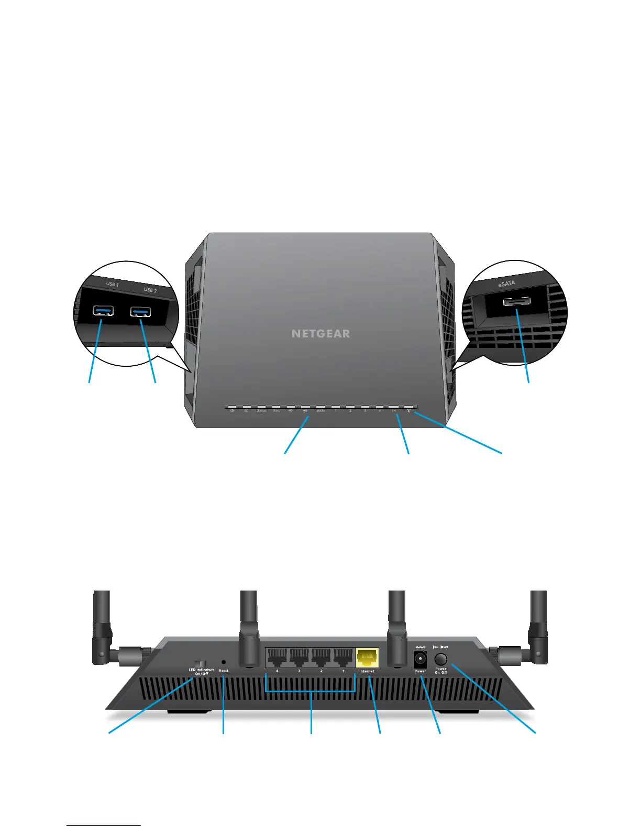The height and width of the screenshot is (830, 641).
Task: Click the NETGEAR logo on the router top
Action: [320, 334]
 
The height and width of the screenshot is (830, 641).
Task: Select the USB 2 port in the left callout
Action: [140, 312]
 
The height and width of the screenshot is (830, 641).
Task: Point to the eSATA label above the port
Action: [506, 283]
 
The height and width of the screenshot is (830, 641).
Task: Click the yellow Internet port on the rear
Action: [367, 657]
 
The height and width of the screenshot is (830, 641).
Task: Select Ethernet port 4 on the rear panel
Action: [277, 657]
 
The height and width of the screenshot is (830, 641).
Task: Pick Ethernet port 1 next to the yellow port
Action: [344, 657]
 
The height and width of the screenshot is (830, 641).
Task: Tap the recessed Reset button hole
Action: [224, 662]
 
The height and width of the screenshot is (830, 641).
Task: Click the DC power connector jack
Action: [420, 659]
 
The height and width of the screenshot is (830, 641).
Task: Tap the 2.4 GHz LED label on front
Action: [261, 411]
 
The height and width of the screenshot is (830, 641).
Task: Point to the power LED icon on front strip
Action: [231, 411]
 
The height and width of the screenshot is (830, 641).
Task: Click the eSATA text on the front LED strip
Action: [320, 411]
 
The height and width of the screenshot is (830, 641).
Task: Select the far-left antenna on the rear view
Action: [102, 624]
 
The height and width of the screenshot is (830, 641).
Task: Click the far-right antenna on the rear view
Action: [538, 624]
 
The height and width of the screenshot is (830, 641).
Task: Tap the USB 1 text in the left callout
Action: [113, 285]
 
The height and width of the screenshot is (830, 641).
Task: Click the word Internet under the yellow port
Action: [367, 671]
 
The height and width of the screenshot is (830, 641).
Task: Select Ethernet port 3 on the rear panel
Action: [299, 657]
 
